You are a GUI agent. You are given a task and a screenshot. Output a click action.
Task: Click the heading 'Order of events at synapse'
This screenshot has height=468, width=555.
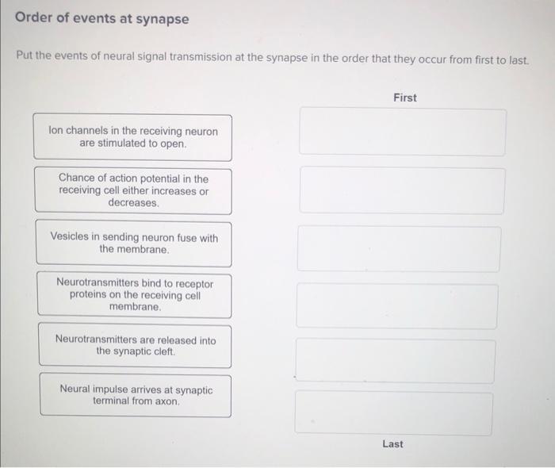pos(102,18)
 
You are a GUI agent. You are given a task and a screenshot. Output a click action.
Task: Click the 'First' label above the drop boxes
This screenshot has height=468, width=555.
pos(404,98)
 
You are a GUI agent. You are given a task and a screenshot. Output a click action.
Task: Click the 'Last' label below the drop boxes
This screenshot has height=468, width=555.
pos(392,443)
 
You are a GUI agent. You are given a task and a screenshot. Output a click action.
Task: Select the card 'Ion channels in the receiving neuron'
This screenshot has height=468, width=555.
pos(133,137)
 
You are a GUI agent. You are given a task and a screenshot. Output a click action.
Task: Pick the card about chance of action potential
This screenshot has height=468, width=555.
pos(133,190)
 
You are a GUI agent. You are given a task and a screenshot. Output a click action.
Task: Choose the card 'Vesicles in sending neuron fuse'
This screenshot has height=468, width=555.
pos(133,244)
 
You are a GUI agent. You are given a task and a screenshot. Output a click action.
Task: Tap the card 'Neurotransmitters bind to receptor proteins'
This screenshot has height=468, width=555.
pos(134,294)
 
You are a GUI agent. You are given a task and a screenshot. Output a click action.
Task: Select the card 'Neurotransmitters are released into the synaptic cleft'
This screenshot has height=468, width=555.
pos(135,345)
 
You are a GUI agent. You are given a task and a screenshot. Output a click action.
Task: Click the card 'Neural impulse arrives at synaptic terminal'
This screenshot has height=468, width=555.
pos(136,395)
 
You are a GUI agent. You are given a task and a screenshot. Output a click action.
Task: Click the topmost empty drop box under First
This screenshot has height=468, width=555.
pos(403,132)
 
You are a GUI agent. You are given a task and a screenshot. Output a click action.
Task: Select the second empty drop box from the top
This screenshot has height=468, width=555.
pos(402,190)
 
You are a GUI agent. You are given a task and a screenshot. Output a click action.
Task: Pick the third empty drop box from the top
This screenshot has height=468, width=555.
pos(400,248)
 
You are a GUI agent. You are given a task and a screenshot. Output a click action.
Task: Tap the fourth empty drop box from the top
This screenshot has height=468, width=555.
pos(398,306)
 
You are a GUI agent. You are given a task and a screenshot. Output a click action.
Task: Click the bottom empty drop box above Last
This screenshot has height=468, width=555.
pos(394,413)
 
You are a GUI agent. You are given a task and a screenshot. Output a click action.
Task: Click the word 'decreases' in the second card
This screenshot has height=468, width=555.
pos(132,203)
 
